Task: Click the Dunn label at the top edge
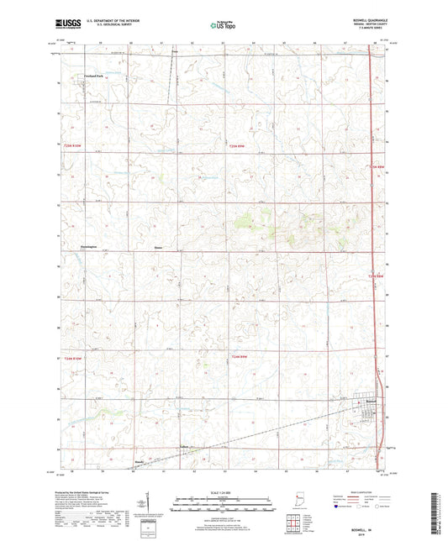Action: pos(174,52)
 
